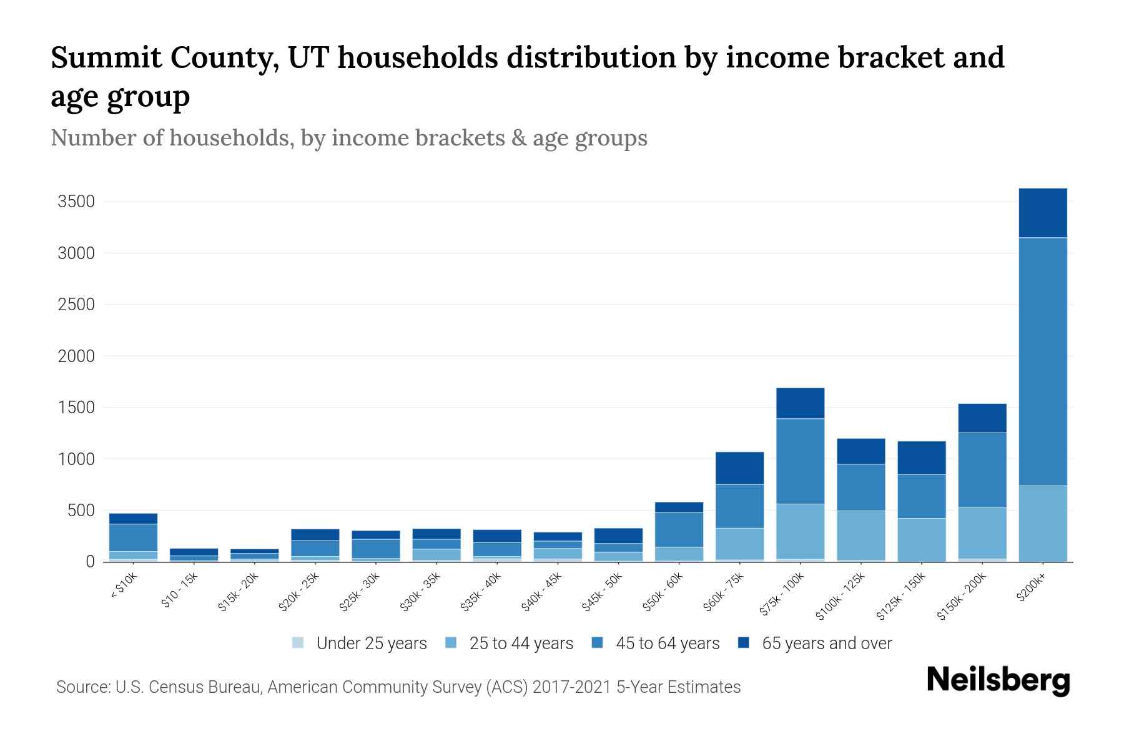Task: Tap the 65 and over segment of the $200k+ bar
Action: pyautogui.click(x=1042, y=212)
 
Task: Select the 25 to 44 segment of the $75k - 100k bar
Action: pyautogui.click(x=800, y=531)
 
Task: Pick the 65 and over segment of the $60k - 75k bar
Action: pyautogui.click(x=739, y=468)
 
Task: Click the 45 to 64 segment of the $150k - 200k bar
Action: pyautogui.click(x=982, y=469)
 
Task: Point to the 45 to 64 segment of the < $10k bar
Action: pyautogui.click(x=133, y=537)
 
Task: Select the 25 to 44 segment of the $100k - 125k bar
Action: pyautogui.click(x=860, y=535)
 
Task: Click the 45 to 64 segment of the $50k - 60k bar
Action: pyautogui.click(x=679, y=529)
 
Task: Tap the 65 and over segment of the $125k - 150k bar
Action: pyautogui.click(x=921, y=458)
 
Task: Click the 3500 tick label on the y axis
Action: pyautogui.click(x=76, y=202)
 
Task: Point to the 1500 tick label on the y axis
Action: pyautogui.click(x=76, y=408)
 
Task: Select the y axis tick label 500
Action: pyautogui.click(x=81, y=511)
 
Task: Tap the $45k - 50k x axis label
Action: pyautogui.click(x=603, y=593)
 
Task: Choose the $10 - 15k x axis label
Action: pyautogui.click(x=179, y=592)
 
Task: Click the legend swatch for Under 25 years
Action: pyautogui.click(x=298, y=643)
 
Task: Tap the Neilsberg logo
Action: pyautogui.click(x=998, y=680)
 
